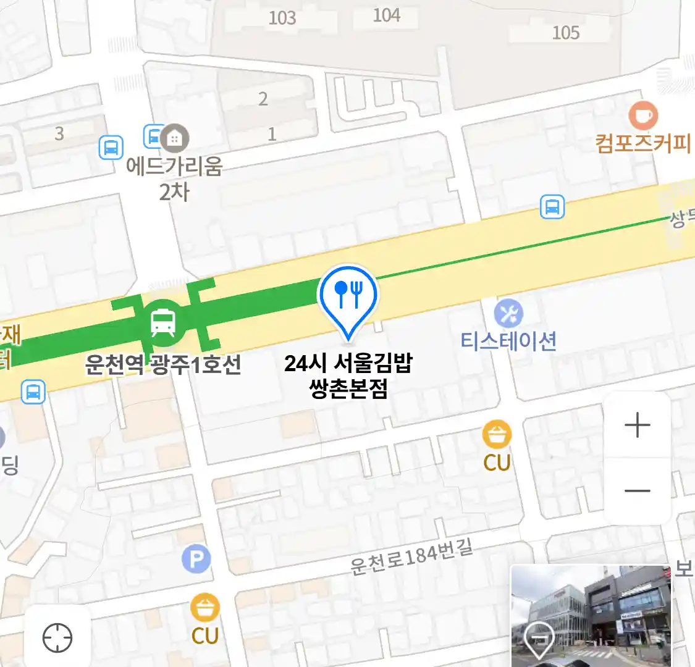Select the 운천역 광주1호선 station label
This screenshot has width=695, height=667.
[x=163, y=365]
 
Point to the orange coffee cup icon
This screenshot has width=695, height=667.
[x=643, y=115]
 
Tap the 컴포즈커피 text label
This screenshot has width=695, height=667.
[x=642, y=143]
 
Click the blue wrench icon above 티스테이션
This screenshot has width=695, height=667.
[x=508, y=314]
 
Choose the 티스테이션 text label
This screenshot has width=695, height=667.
[x=508, y=341]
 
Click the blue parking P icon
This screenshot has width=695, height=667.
[x=196, y=560]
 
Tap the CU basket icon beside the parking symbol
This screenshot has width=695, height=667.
[x=204, y=608]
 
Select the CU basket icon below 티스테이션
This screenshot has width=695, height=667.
[x=497, y=434]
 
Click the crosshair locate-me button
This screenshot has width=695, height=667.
[x=57, y=637]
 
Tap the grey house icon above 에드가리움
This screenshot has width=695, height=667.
[x=175, y=138]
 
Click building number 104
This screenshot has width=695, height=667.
[x=387, y=15]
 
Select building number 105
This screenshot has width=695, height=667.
[x=566, y=32]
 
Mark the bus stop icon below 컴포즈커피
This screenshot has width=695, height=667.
[x=552, y=207]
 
